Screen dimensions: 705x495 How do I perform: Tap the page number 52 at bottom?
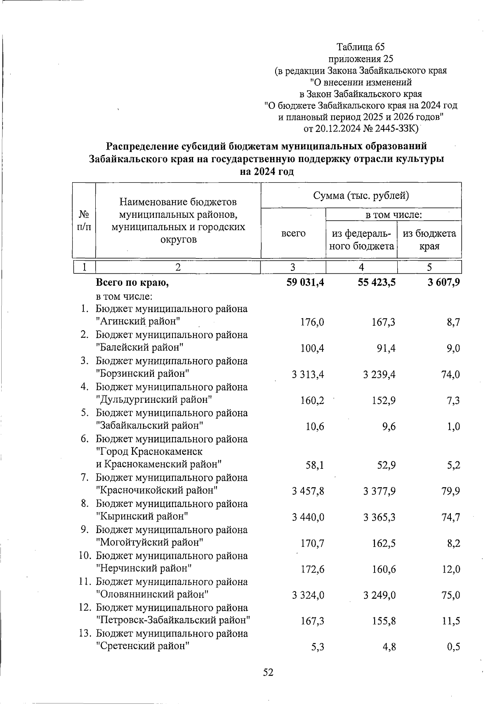coord(268,672)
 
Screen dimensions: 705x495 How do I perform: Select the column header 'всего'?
coord(293,233)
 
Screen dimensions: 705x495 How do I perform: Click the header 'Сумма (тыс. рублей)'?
coord(361,195)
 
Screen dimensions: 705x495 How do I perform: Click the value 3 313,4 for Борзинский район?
coord(307,374)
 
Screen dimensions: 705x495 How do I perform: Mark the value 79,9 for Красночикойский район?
coord(450,491)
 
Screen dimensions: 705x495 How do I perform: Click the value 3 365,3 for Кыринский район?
coord(379,517)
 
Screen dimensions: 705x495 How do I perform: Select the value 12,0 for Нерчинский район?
coord(450,569)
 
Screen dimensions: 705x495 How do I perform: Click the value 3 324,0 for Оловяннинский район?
coord(307,595)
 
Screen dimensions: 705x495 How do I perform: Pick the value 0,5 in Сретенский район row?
coord(453,647)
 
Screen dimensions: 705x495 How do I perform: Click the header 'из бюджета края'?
coord(429,240)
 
